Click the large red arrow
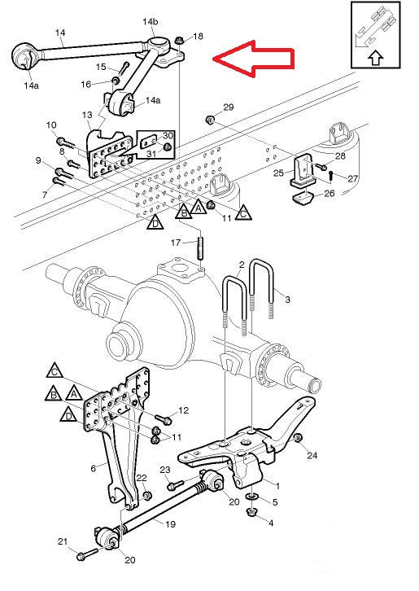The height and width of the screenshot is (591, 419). [253, 59]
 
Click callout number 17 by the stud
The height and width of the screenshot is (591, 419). [176, 243]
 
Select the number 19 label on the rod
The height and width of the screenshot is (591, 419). [170, 524]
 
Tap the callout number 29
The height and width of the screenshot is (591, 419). [229, 107]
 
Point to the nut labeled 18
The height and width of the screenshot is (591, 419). [179, 40]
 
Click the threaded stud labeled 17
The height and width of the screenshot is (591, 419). [200, 247]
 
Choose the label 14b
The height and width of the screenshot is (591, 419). [150, 21]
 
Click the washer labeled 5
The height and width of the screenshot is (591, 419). [252, 497]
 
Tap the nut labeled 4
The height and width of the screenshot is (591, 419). [251, 512]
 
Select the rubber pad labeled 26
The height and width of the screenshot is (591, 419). [303, 198]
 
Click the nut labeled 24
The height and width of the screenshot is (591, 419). [298, 438]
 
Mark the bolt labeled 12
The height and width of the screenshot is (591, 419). [164, 418]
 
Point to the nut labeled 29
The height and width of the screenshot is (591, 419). [210, 120]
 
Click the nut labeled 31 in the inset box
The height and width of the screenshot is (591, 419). [168, 147]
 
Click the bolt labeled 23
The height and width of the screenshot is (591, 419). [175, 484]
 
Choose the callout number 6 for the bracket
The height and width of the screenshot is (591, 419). [93, 468]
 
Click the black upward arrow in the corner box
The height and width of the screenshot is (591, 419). [375, 58]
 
